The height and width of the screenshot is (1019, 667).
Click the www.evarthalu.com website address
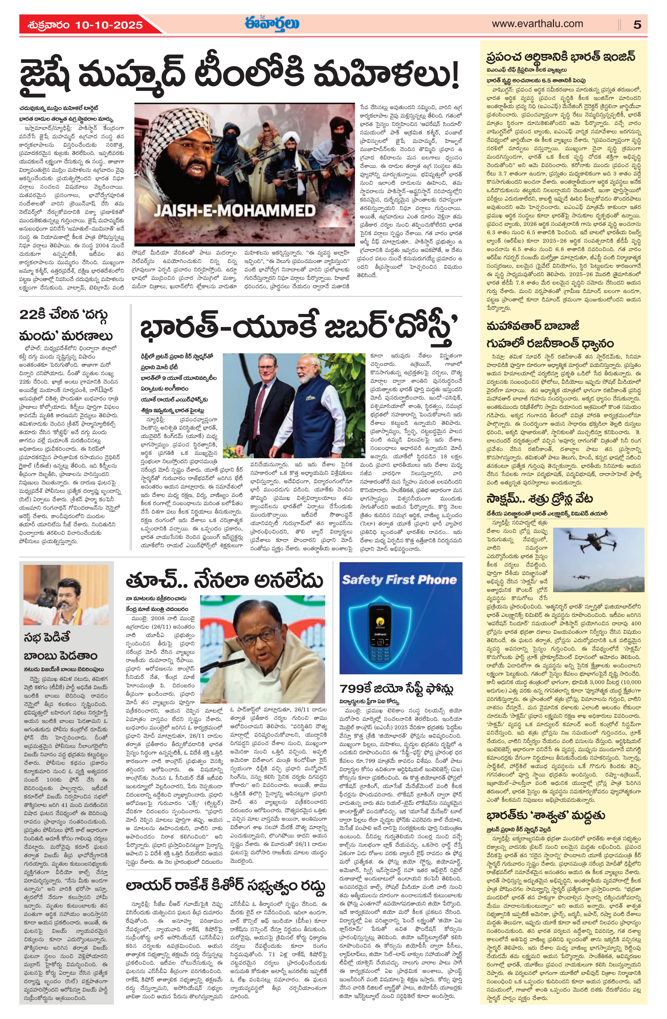point(537,24)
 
